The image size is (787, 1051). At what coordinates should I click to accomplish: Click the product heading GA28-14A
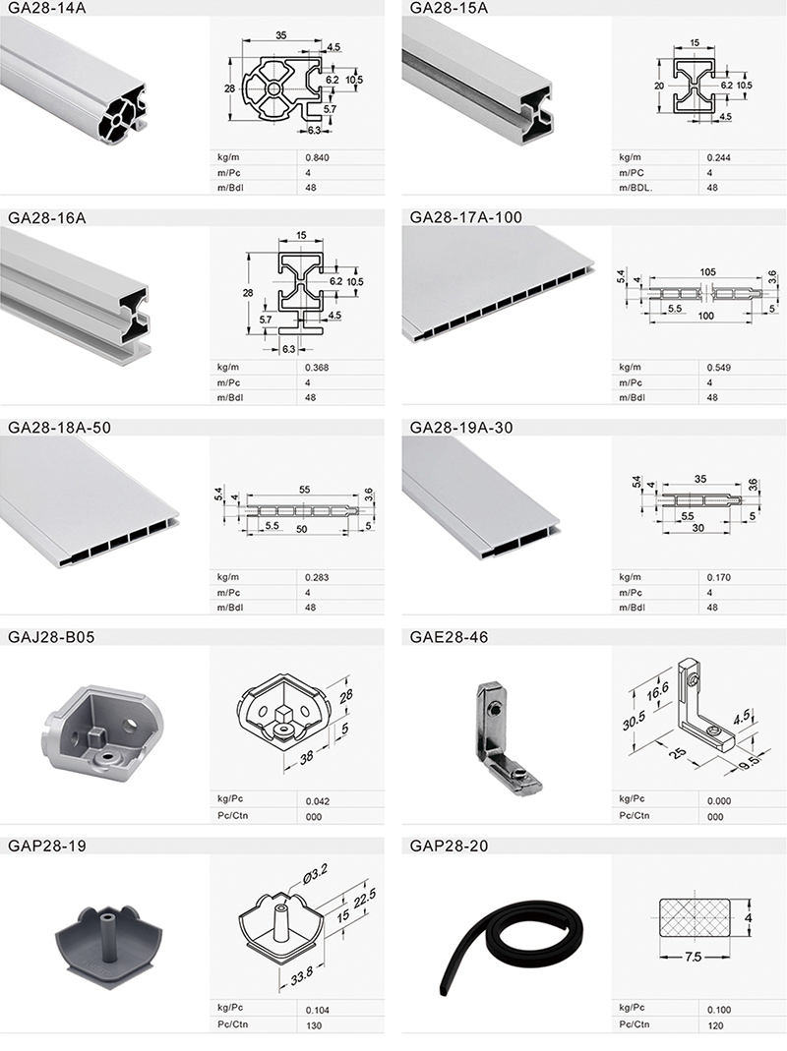click(46, 8)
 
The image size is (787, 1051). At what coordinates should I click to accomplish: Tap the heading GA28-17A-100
click(465, 217)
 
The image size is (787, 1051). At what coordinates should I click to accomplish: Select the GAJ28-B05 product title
click(51, 637)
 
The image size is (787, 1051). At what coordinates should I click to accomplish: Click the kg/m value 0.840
click(317, 157)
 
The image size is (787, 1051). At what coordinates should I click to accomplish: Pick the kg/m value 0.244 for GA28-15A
click(718, 157)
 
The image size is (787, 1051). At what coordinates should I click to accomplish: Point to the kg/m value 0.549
click(718, 368)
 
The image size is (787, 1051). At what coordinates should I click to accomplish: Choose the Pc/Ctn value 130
click(313, 1024)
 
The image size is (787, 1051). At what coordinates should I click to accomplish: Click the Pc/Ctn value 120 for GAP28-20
click(715, 1024)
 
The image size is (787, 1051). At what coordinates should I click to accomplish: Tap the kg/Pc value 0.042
click(318, 801)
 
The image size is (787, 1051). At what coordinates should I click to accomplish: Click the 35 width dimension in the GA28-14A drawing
click(280, 35)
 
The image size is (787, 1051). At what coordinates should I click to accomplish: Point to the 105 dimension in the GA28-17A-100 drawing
click(707, 272)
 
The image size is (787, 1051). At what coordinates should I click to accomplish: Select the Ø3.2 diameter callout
click(315, 874)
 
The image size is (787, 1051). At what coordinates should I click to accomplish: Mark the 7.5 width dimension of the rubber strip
click(694, 957)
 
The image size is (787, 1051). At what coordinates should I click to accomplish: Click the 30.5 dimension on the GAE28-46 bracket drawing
click(634, 721)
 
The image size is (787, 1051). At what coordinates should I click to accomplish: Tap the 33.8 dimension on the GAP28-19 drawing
click(301, 975)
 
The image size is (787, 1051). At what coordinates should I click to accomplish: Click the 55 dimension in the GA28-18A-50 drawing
click(304, 490)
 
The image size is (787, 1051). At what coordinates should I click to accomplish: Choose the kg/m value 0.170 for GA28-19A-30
click(718, 577)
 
